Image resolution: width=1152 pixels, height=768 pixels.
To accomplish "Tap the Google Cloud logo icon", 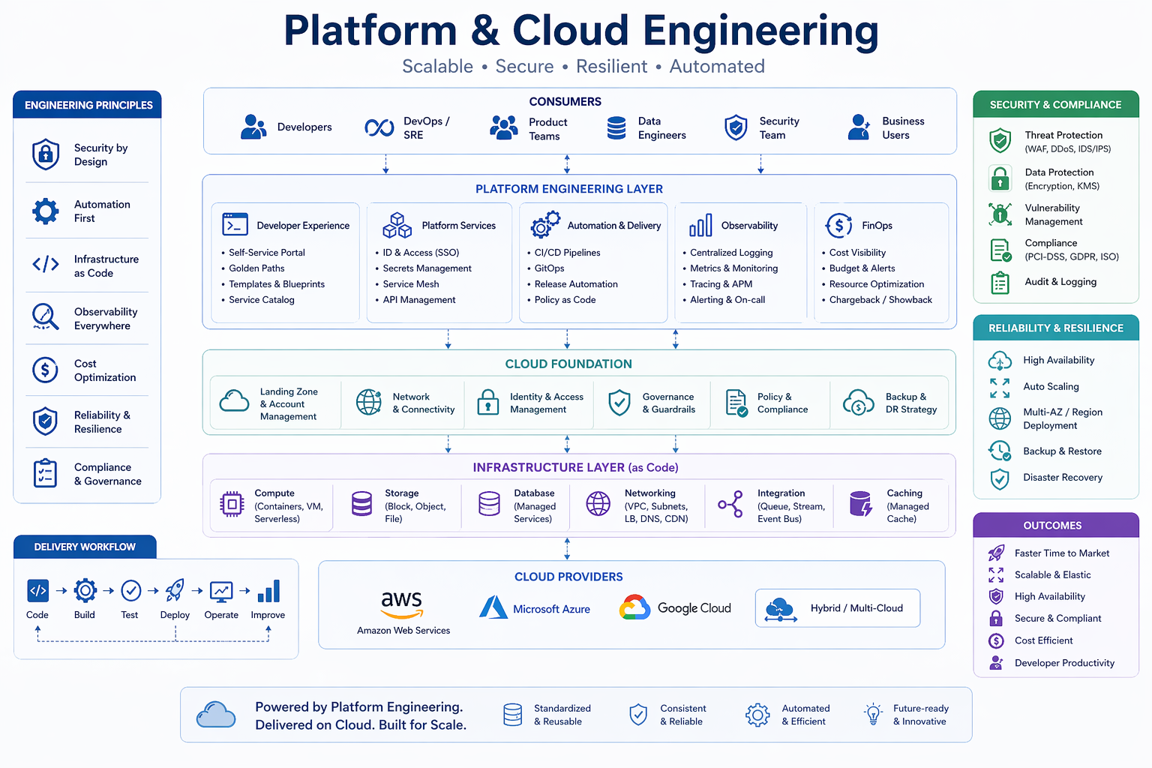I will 634,607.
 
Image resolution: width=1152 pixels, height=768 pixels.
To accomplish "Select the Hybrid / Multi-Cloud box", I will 837,608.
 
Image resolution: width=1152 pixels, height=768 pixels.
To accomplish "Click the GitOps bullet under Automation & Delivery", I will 549,268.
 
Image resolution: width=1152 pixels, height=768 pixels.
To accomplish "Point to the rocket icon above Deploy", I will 175,591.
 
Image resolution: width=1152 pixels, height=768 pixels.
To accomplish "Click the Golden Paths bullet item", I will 256,268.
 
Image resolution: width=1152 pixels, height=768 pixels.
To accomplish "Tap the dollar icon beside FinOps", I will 838,225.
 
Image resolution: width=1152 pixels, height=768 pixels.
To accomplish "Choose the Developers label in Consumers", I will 304,127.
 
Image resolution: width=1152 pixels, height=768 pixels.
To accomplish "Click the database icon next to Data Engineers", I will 616,128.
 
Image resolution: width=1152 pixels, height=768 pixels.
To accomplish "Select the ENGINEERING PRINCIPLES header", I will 88,105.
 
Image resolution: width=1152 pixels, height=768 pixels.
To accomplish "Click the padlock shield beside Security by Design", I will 46,154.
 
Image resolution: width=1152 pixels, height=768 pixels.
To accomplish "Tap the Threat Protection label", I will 1063,135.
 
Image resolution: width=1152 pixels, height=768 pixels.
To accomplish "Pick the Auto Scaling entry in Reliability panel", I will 1051,387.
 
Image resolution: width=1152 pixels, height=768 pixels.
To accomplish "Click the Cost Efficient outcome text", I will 1043,640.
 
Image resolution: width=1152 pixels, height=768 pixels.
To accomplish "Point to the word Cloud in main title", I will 570,31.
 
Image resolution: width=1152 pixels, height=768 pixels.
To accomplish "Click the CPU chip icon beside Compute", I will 232,505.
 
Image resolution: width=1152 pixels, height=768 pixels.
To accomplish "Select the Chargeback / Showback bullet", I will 880,300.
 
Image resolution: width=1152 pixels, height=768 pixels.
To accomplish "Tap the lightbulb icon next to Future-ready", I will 873,714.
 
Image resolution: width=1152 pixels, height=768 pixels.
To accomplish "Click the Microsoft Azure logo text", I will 551,609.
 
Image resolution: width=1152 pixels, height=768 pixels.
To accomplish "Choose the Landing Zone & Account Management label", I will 289,404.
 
